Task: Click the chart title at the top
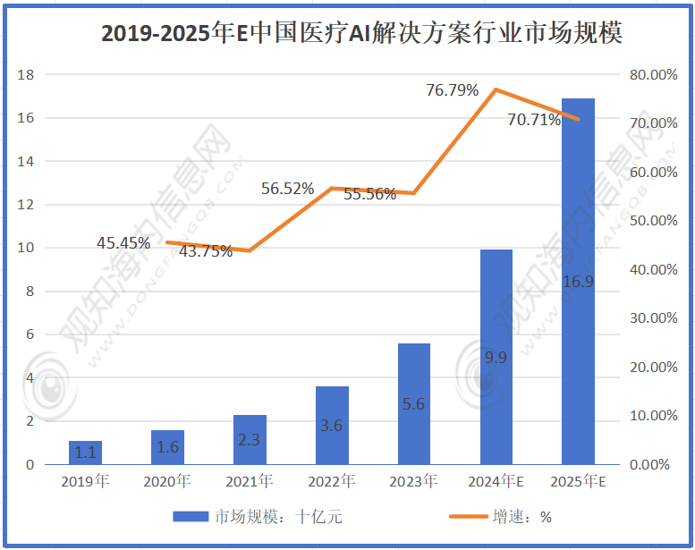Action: pos(361,34)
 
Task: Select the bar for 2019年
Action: pos(85,453)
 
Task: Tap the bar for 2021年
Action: pos(250,440)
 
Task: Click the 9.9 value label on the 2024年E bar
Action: pos(496,358)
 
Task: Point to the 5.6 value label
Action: pos(413,404)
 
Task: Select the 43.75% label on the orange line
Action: pos(206,251)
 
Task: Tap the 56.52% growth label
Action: pos(287,188)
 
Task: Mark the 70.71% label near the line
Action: pos(533,119)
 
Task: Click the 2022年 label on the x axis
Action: pos(332,482)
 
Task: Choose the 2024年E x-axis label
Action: pos(496,482)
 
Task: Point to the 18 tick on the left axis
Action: pos(26,75)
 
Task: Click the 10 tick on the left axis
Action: pos(26,248)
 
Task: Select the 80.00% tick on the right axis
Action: pos(653,75)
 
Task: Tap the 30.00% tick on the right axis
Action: pos(653,318)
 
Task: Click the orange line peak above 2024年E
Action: pos(496,89)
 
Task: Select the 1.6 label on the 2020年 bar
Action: pos(167,446)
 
